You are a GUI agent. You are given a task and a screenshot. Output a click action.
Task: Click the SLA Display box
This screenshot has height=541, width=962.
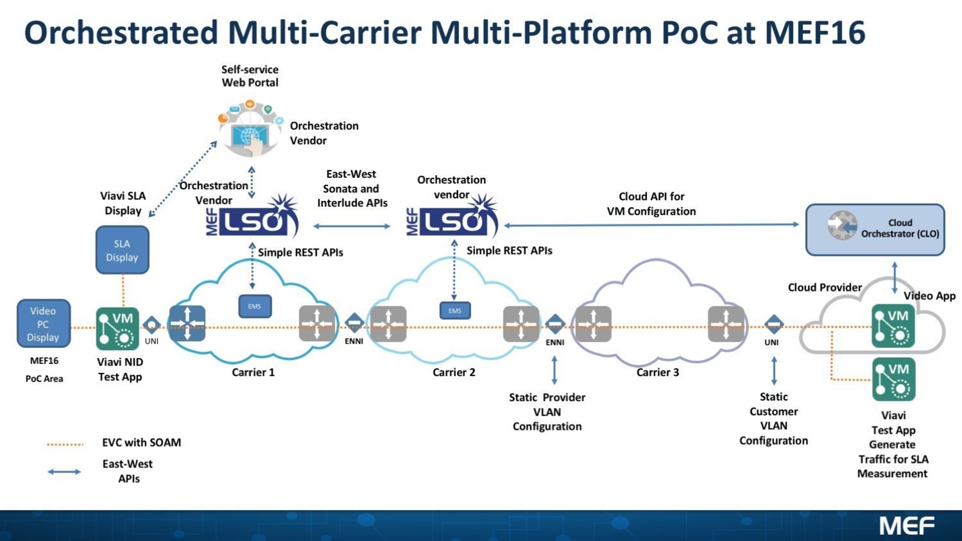[122, 250]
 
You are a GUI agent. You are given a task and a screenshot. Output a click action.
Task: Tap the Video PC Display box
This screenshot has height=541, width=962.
[44, 324]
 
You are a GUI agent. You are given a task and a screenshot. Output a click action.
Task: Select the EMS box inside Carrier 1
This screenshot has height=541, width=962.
[255, 306]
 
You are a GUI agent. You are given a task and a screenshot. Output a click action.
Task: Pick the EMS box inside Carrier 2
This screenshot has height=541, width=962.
[455, 311]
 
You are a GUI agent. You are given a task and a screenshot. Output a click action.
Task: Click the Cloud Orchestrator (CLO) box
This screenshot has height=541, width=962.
[875, 230]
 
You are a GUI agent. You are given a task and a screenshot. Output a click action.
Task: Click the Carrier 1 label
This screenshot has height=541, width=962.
[253, 372]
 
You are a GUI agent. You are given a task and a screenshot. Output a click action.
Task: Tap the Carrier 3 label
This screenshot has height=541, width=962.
[657, 372]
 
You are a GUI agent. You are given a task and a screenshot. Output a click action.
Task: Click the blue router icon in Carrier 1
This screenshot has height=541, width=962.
[187, 324]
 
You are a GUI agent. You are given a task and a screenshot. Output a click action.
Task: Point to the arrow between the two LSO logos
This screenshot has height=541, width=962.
[351, 226]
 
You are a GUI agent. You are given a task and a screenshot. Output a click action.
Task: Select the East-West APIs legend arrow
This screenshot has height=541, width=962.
[64, 472]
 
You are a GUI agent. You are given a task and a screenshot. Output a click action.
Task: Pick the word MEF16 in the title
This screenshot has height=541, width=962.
[815, 33]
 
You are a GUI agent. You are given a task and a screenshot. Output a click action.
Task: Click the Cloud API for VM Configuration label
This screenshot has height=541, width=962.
[651, 203]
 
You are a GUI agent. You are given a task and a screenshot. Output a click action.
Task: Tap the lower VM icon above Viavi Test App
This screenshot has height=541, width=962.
[893, 379]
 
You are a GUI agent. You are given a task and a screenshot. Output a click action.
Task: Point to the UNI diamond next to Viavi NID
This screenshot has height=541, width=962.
[152, 325]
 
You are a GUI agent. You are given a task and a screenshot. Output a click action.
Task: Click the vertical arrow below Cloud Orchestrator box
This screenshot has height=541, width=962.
[894, 278]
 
